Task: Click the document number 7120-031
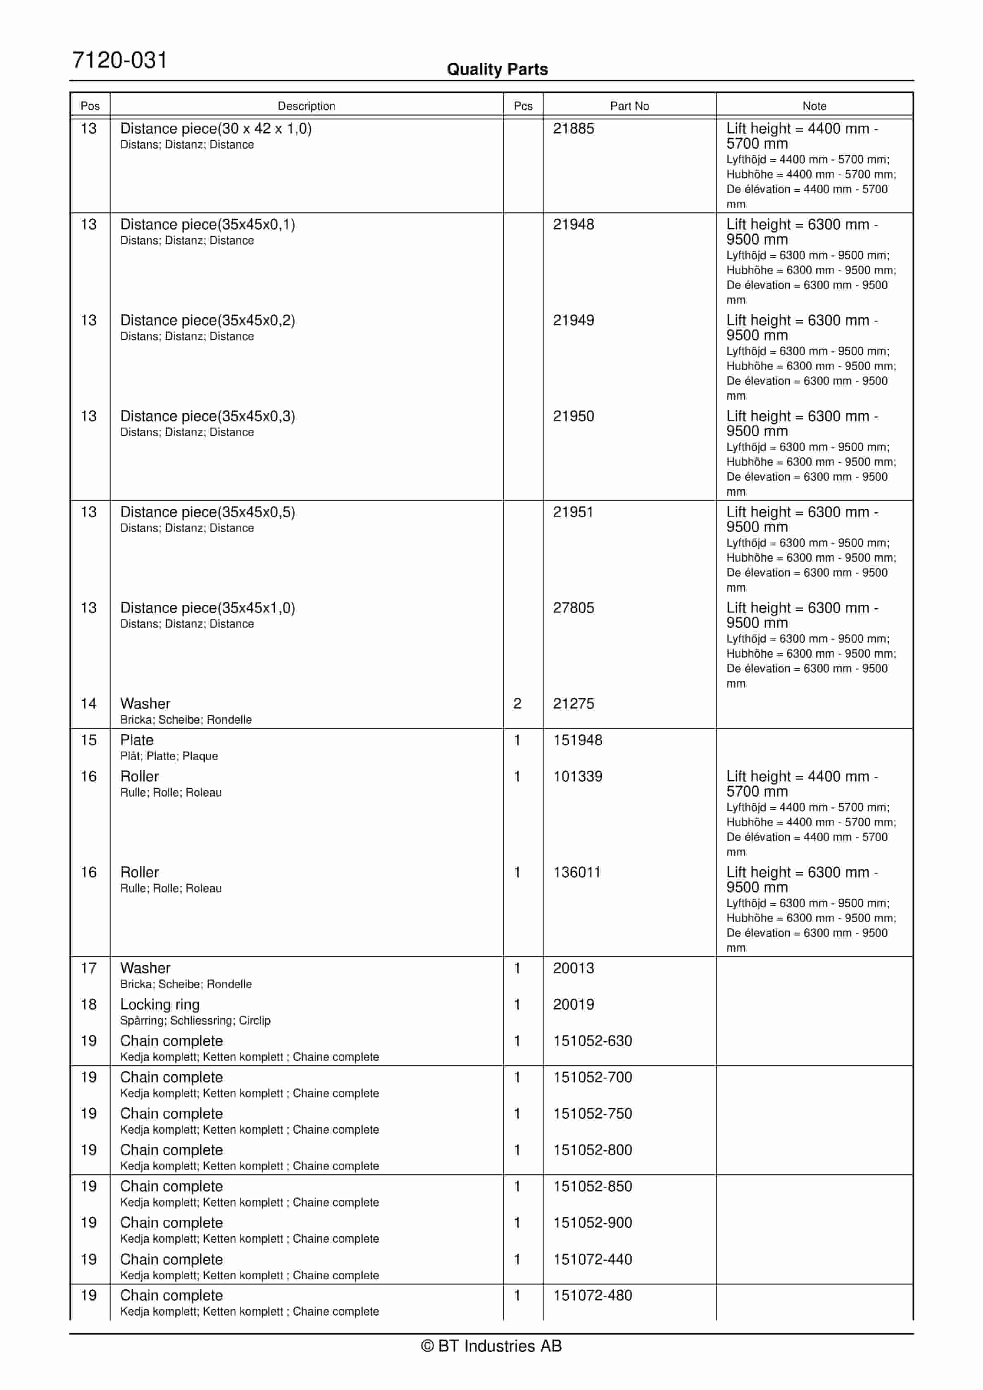(x=119, y=61)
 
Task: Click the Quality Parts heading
(x=497, y=69)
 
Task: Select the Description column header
(x=306, y=106)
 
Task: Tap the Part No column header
(x=629, y=106)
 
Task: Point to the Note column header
(x=814, y=106)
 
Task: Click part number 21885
(x=573, y=129)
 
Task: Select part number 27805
(x=573, y=608)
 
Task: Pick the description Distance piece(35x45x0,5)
(x=208, y=512)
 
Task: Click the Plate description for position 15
(x=137, y=740)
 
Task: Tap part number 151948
(x=577, y=740)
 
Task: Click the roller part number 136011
(x=576, y=872)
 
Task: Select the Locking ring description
(x=160, y=1004)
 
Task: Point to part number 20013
(x=573, y=968)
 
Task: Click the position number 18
(x=88, y=1004)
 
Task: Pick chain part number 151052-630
(x=592, y=1041)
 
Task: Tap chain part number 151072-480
(x=592, y=1295)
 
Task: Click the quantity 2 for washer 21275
(x=517, y=704)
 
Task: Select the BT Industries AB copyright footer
(x=491, y=1346)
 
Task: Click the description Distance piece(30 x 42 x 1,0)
(x=216, y=129)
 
